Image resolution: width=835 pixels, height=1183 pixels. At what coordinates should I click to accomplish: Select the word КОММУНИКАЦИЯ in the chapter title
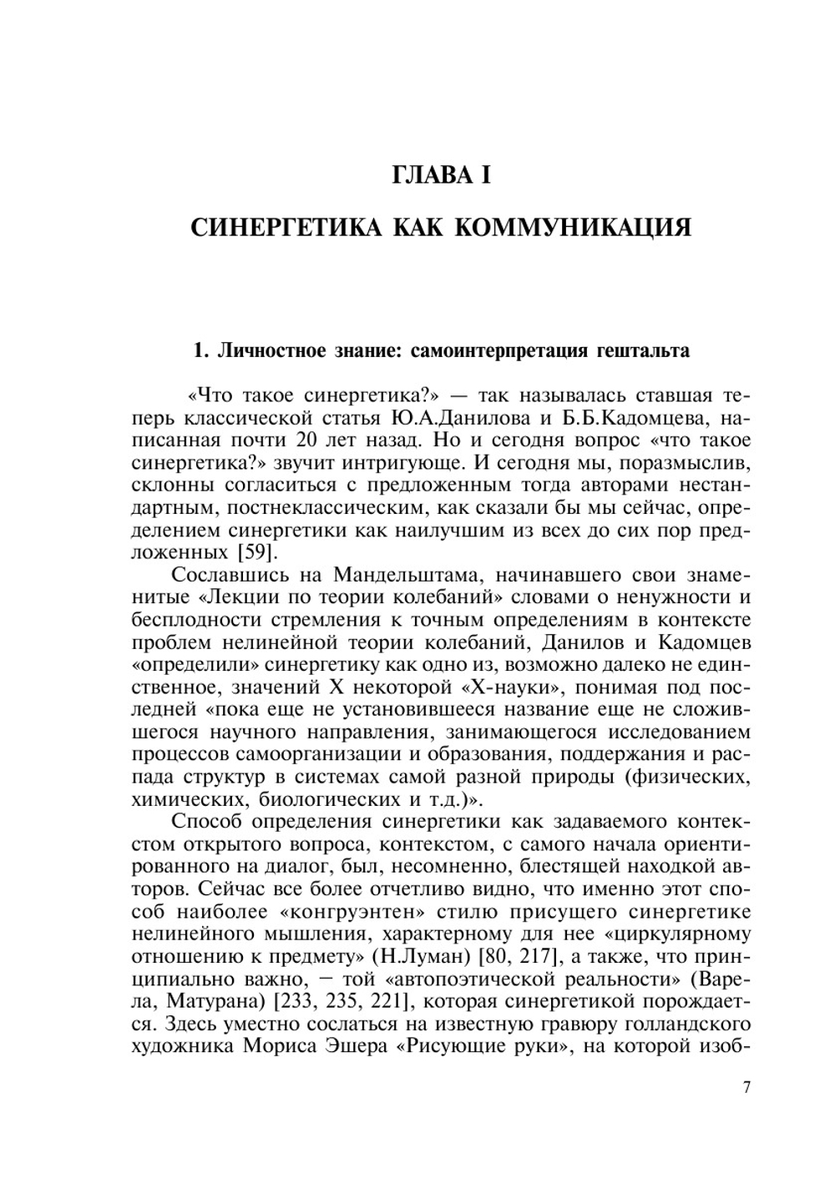[573, 227]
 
